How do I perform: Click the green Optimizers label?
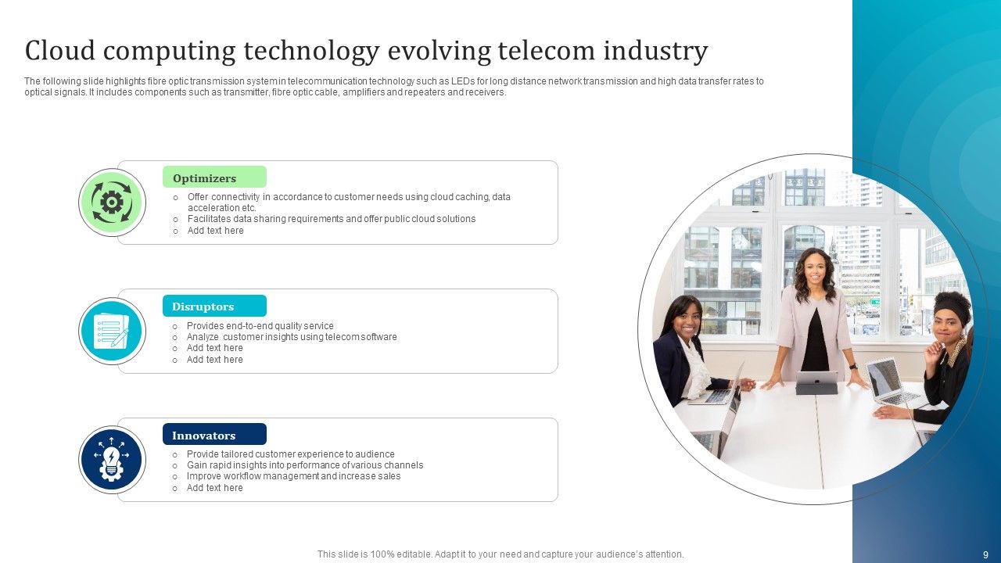pyautogui.click(x=214, y=178)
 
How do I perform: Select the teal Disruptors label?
pyautogui.click(x=214, y=307)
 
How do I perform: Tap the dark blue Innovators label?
pyautogui.click(x=214, y=436)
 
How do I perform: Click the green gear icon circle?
pyautogui.click(x=112, y=203)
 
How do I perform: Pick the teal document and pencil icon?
pyautogui.click(x=112, y=332)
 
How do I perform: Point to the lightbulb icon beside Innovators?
pyautogui.click(x=112, y=460)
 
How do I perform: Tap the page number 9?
pyautogui.click(x=985, y=554)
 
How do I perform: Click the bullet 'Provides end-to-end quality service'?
pyautogui.click(x=260, y=326)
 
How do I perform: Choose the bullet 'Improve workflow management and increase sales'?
pyautogui.click(x=293, y=476)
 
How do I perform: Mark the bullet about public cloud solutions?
pyautogui.click(x=331, y=219)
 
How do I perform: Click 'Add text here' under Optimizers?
pyautogui.click(x=215, y=231)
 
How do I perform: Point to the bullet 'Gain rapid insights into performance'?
pyautogui.click(x=304, y=465)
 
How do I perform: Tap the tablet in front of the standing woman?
pyautogui.click(x=816, y=382)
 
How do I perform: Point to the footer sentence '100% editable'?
pyautogui.click(x=500, y=554)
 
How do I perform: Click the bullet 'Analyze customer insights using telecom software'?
pyautogui.click(x=291, y=337)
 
